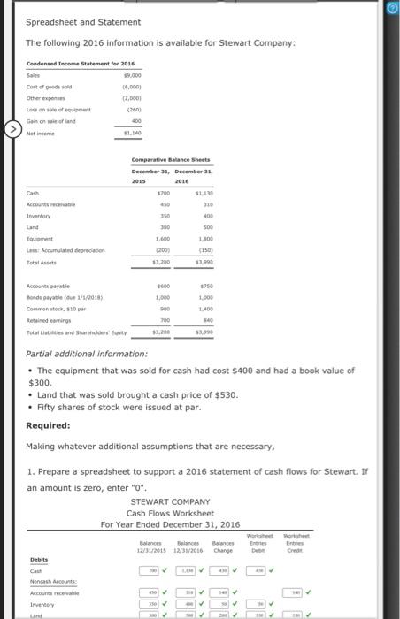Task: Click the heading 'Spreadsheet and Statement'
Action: (82, 22)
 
